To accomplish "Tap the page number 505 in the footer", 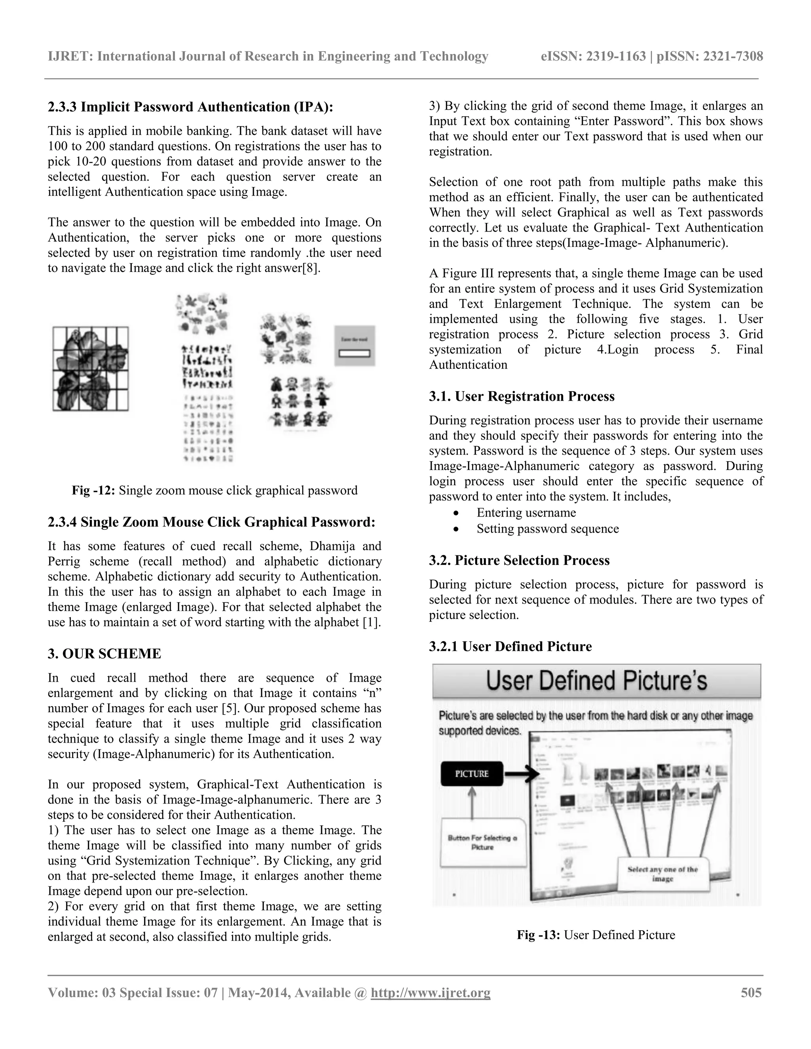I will (751, 993).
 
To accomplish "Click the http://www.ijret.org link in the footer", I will (430, 993).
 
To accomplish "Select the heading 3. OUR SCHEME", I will (104, 654).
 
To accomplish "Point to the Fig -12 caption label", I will (94, 490).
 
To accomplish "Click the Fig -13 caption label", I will (538, 935).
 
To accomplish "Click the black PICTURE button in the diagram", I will (472, 774).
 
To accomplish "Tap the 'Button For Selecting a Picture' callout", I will (482, 842).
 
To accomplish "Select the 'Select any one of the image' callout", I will (663, 874).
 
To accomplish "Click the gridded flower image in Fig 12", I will (90, 369).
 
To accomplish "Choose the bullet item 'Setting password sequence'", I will (547, 529).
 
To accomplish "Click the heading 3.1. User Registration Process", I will (521, 396).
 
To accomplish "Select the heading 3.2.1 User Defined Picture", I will (510, 646).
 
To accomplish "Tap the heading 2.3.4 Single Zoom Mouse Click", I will (211, 522).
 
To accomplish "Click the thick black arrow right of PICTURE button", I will (522, 774).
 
